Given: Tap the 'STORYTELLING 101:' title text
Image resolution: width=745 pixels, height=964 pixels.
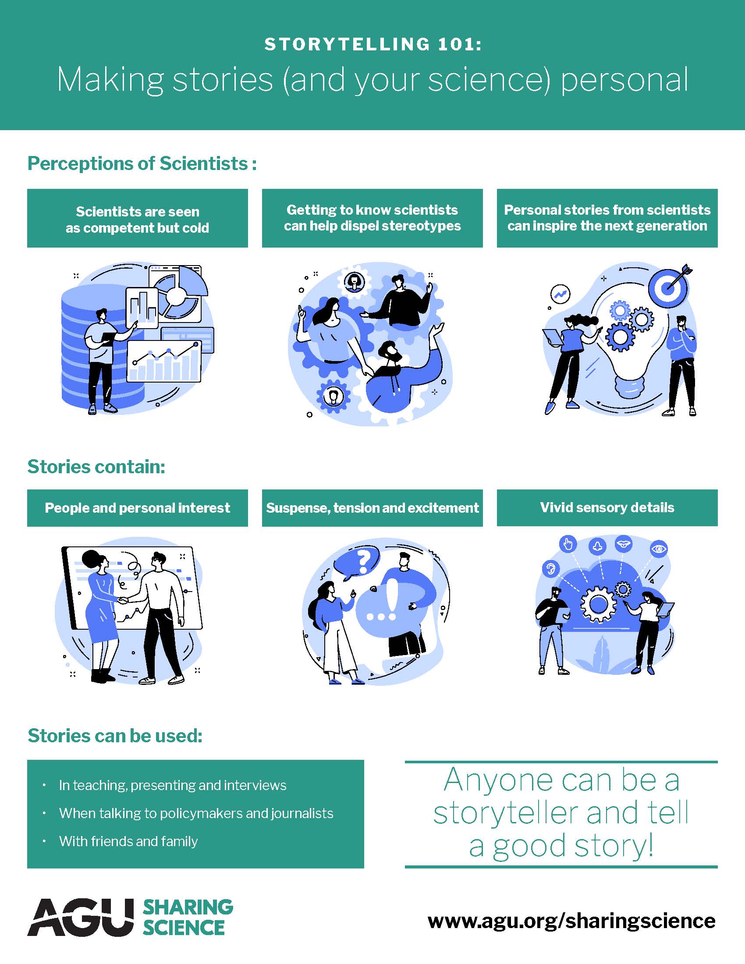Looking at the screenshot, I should [x=372, y=44].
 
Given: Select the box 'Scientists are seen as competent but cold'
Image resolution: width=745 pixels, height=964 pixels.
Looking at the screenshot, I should [x=137, y=219].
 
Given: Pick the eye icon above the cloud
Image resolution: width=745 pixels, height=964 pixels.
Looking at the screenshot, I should [x=659, y=549].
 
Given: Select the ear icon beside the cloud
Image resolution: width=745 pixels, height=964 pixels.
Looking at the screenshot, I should [x=550, y=568].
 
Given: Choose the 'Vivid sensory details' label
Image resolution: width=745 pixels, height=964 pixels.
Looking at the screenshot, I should [x=607, y=507].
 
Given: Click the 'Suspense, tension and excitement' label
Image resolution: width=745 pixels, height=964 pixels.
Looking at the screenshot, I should [x=372, y=508].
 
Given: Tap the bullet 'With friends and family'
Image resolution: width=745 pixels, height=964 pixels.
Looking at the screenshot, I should [x=128, y=841].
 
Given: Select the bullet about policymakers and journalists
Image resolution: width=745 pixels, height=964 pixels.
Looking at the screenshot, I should [x=196, y=813].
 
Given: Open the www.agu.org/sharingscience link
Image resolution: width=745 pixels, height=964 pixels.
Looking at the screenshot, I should [x=571, y=921].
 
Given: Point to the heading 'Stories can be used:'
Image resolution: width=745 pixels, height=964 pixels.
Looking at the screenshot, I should [x=115, y=736].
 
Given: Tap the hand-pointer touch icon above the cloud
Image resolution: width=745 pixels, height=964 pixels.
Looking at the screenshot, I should [x=568, y=544].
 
